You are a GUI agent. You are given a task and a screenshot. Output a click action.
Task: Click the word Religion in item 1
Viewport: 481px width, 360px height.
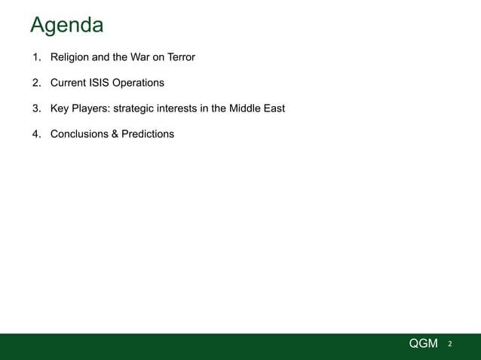click(72, 56)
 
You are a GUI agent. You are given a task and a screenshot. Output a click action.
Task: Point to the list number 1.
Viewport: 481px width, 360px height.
click(35, 56)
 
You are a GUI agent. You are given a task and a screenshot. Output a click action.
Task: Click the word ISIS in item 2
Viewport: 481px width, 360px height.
click(103, 82)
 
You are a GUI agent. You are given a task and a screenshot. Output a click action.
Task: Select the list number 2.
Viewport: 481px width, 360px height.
click(35, 82)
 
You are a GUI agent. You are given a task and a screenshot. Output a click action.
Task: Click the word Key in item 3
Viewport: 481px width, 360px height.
click(60, 108)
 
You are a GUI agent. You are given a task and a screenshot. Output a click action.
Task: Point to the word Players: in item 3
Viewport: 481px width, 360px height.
click(91, 108)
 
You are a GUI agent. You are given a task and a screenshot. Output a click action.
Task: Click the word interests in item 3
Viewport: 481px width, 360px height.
click(182, 108)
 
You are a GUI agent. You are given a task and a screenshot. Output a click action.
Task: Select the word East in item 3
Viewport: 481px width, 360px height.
click(274, 108)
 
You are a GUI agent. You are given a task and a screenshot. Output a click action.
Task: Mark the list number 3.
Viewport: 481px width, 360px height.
click(35, 108)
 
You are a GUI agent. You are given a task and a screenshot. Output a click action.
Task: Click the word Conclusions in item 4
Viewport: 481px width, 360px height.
click(81, 134)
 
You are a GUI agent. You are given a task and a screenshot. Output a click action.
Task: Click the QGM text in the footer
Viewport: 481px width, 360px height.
click(423, 343)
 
